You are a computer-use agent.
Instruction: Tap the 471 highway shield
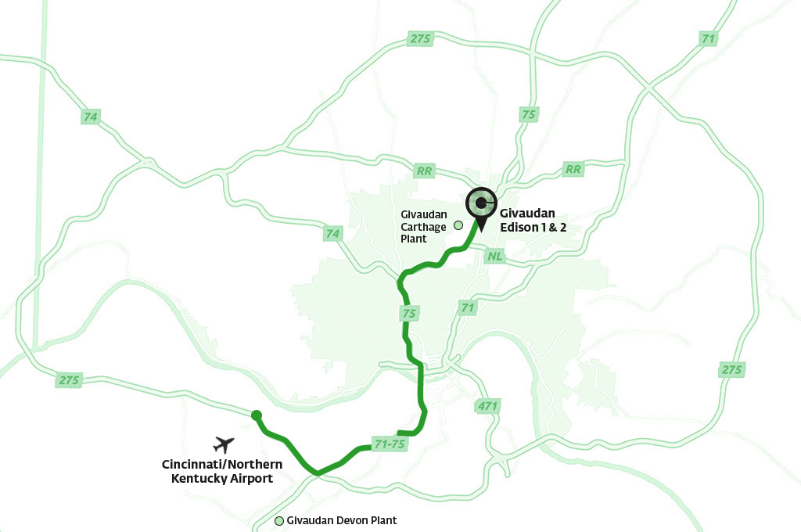coord(487,406)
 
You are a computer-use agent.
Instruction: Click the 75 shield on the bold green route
coord(408,314)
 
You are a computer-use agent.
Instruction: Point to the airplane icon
coord(224,444)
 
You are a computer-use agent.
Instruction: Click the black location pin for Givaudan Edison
coord(480,206)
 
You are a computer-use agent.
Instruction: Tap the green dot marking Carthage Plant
coord(458,225)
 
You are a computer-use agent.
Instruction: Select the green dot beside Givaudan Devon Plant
coord(279,520)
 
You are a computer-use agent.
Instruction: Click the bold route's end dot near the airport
coord(256,415)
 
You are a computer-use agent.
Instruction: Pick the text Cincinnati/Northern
coord(217,464)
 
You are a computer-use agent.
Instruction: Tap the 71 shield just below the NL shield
coord(468,308)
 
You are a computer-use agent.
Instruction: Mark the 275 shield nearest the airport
coord(69,380)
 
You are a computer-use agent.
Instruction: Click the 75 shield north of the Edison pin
coord(529,114)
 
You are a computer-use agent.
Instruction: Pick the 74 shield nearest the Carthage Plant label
coord(333,233)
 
